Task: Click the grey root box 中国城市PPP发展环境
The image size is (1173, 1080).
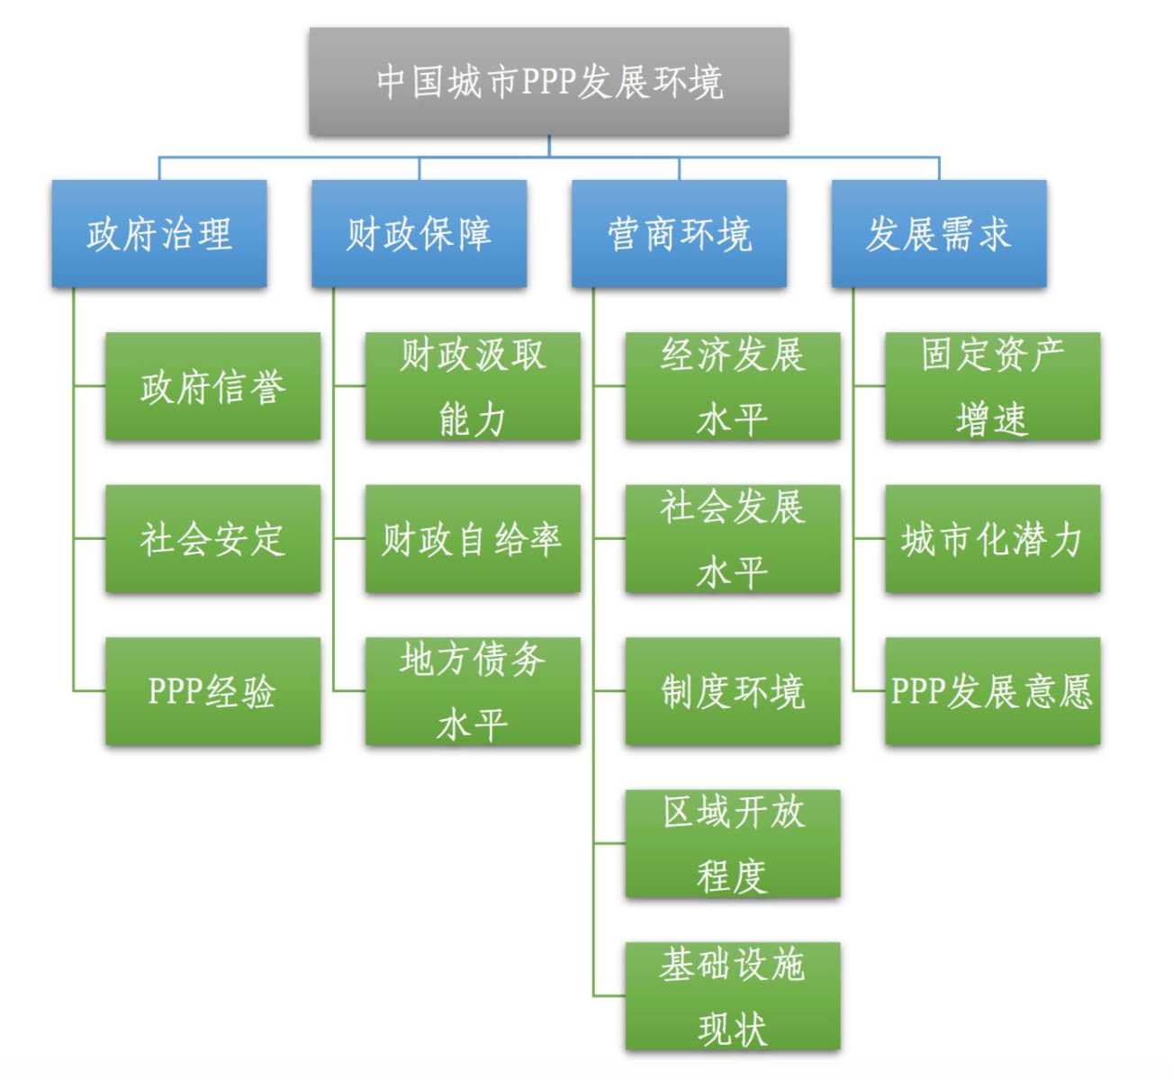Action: click(x=549, y=81)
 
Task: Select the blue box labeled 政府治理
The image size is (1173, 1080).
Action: click(x=159, y=233)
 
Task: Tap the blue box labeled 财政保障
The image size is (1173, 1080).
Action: click(x=420, y=233)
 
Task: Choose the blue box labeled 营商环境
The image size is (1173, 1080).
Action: click(x=679, y=233)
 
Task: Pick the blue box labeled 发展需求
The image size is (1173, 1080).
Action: click(x=939, y=233)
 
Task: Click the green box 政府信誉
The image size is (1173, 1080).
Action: click(x=212, y=386)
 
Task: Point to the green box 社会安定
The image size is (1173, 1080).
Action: click(x=212, y=538)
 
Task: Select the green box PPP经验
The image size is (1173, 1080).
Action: click(x=212, y=691)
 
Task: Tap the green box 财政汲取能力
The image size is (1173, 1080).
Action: click(x=473, y=386)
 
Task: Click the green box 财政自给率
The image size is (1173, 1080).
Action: click(x=473, y=538)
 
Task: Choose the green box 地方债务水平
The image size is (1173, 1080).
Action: click(x=473, y=691)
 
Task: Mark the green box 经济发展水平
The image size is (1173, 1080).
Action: click(x=733, y=386)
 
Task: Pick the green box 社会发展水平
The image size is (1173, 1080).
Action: click(x=733, y=538)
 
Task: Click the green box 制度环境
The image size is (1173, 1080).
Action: click(x=733, y=691)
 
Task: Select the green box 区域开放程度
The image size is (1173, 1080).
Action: click(x=733, y=844)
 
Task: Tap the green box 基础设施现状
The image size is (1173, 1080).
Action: click(x=733, y=995)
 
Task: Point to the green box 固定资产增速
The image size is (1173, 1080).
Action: click(x=993, y=386)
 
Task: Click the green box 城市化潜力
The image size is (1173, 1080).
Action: click(x=993, y=538)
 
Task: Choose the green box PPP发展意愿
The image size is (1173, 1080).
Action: click(x=993, y=691)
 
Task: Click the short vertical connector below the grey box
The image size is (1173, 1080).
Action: click(x=549, y=146)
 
